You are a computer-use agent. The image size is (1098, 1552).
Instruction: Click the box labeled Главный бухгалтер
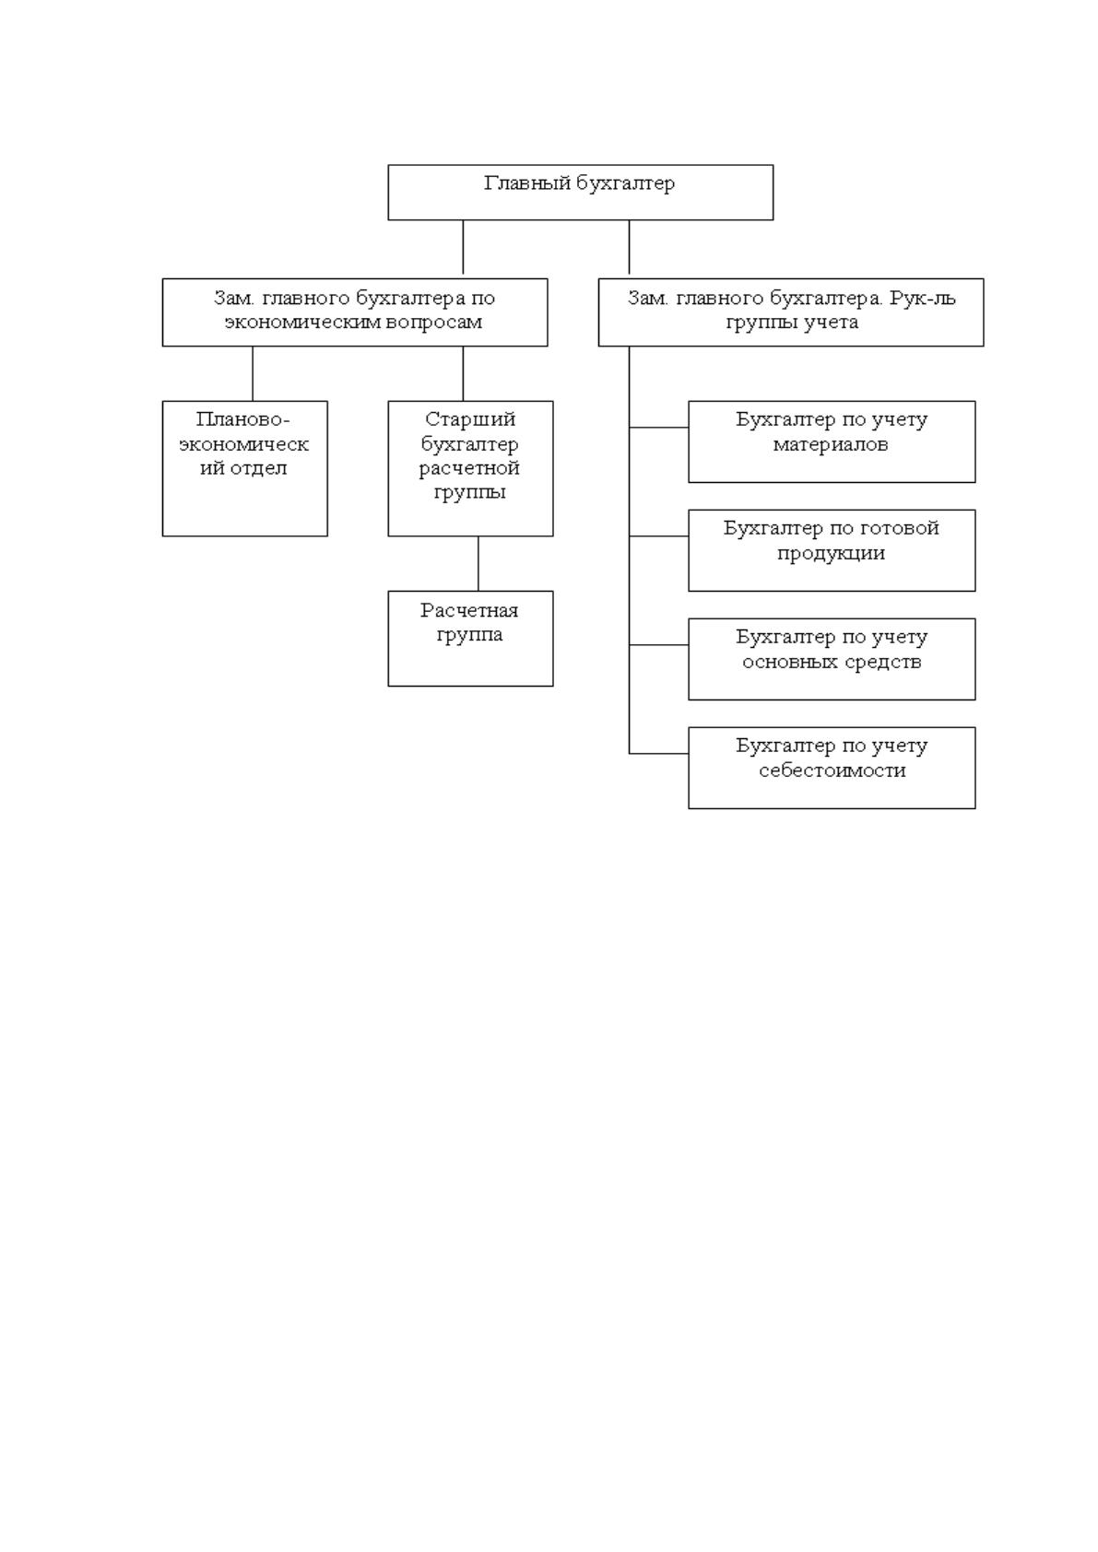pyautogui.click(x=580, y=192)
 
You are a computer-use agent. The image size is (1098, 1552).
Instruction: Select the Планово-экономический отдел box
pyautogui.click(x=244, y=468)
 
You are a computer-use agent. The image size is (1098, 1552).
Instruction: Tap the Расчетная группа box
pyautogui.click(x=471, y=638)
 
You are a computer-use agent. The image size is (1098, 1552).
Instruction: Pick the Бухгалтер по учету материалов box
pyautogui.click(x=832, y=441)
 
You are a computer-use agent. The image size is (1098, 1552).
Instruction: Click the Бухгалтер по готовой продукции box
pyautogui.click(x=832, y=550)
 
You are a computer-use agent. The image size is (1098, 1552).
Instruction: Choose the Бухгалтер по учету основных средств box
pyautogui.click(x=832, y=659)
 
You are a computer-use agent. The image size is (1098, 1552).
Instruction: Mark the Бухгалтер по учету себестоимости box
pyautogui.click(x=832, y=768)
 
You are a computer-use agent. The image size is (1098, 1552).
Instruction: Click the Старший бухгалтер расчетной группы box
pyautogui.click(x=471, y=468)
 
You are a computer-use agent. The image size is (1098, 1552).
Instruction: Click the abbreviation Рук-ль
pyautogui.click(x=923, y=299)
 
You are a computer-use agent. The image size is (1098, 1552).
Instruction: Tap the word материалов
pyautogui.click(x=831, y=444)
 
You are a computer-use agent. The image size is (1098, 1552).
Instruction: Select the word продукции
pyautogui.click(x=831, y=554)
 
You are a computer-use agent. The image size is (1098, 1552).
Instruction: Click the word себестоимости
pyautogui.click(x=832, y=770)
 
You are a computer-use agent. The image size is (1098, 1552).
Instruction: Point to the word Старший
pyautogui.click(x=470, y=419)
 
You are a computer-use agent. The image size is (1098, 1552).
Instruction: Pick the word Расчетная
pyautogui.click(x=469, y=610)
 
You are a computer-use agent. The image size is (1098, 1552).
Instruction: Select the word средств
pyautogui.click(x=881, y=662)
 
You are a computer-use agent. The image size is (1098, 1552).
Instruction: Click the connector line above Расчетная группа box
pyautogui.click(x=478, y=563)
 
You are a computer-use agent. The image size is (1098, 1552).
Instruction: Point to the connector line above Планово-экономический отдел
pyautogui.click(x=253, y=373)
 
